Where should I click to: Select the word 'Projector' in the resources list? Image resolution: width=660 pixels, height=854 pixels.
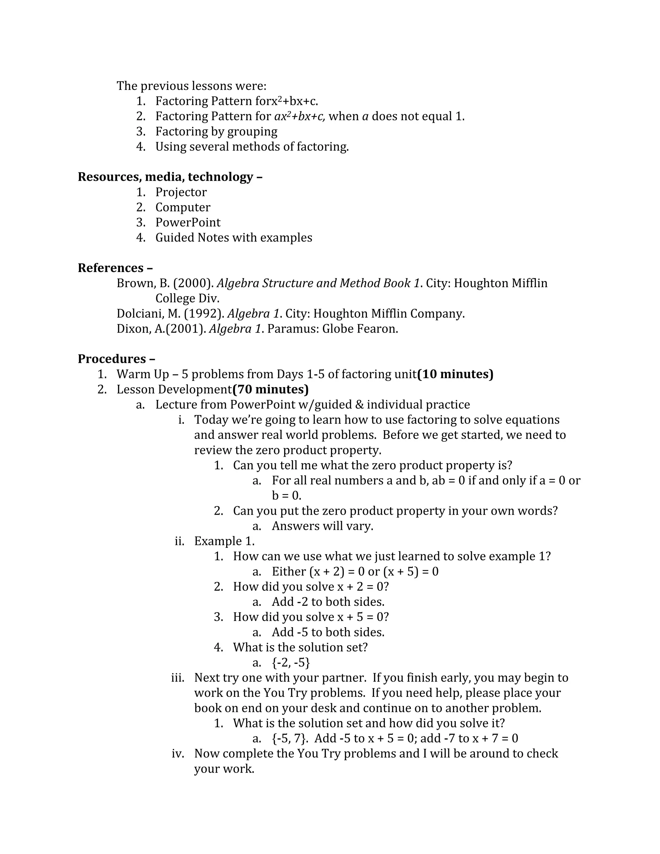[x=181, y=192]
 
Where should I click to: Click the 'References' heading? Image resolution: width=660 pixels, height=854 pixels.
[x=111, y=268]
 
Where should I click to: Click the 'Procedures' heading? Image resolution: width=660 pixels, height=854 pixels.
[x=112, y=359]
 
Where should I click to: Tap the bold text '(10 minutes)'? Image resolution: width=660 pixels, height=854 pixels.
[x=455, y=374]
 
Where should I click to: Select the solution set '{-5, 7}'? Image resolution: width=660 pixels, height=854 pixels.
[x=290, y=739]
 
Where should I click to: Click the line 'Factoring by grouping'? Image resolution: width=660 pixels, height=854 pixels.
[x=216, y=131]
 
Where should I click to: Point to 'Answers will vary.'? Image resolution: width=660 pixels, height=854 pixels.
[x=322, y=526]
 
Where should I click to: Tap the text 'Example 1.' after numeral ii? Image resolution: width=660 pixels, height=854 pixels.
[x=224, y=541]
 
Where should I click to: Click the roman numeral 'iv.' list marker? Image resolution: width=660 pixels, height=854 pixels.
[x=178, y=753]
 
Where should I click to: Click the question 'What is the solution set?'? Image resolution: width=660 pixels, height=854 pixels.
[x=300, y=647]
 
